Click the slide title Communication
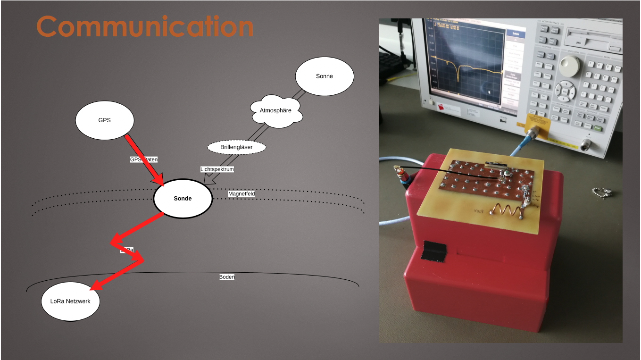(145, 26)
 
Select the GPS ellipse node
(105, 120)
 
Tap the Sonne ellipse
(324, 76)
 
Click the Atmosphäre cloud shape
(275, 111)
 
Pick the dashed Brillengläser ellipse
(236, 147)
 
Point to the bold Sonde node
(183, 199)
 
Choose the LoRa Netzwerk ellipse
(70, 301)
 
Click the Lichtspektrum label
(217, 169)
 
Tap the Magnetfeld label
(241, 193)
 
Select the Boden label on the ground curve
(227, 277)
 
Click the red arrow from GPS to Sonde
(144, 160)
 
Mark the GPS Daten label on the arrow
(144, 159)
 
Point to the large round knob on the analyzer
(569, 67)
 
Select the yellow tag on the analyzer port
(538, 126)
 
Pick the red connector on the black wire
(402, 176)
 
